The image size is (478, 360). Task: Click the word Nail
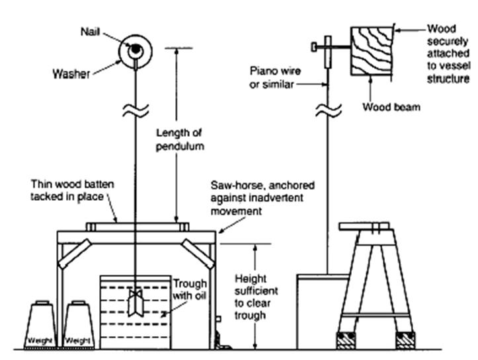click(90, 31)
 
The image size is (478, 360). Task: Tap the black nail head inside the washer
click(136, 48)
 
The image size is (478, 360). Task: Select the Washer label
click(71, 74)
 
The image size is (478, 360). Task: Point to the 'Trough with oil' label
click(190, 289)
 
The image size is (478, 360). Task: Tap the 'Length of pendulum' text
click(180, 139)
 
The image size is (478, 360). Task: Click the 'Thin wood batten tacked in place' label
click(73, 190)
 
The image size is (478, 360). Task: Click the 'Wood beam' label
click(391, 107)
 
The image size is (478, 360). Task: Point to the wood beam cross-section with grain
click(372, 51)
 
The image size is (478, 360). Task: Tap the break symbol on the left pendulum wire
click(136, 110)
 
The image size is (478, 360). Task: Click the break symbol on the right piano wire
click(329, 110)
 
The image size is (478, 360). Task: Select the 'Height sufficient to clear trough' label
click(256, 297)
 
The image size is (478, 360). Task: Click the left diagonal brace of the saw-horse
click(75, 254)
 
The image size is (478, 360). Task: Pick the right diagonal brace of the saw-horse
click(198, 254)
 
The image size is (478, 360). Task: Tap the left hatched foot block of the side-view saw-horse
click(346, 340)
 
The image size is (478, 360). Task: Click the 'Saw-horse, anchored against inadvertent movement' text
click(262, 198)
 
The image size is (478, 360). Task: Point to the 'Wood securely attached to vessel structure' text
click(448, 54)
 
